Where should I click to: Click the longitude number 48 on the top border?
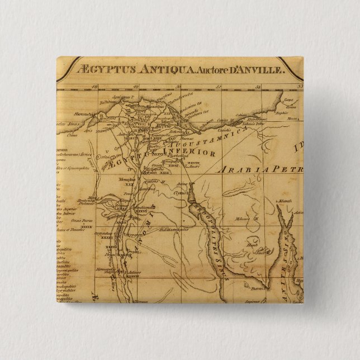pos(96,86)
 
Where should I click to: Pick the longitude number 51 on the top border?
pos(219,86)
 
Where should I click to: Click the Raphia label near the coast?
pos(290,112)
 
